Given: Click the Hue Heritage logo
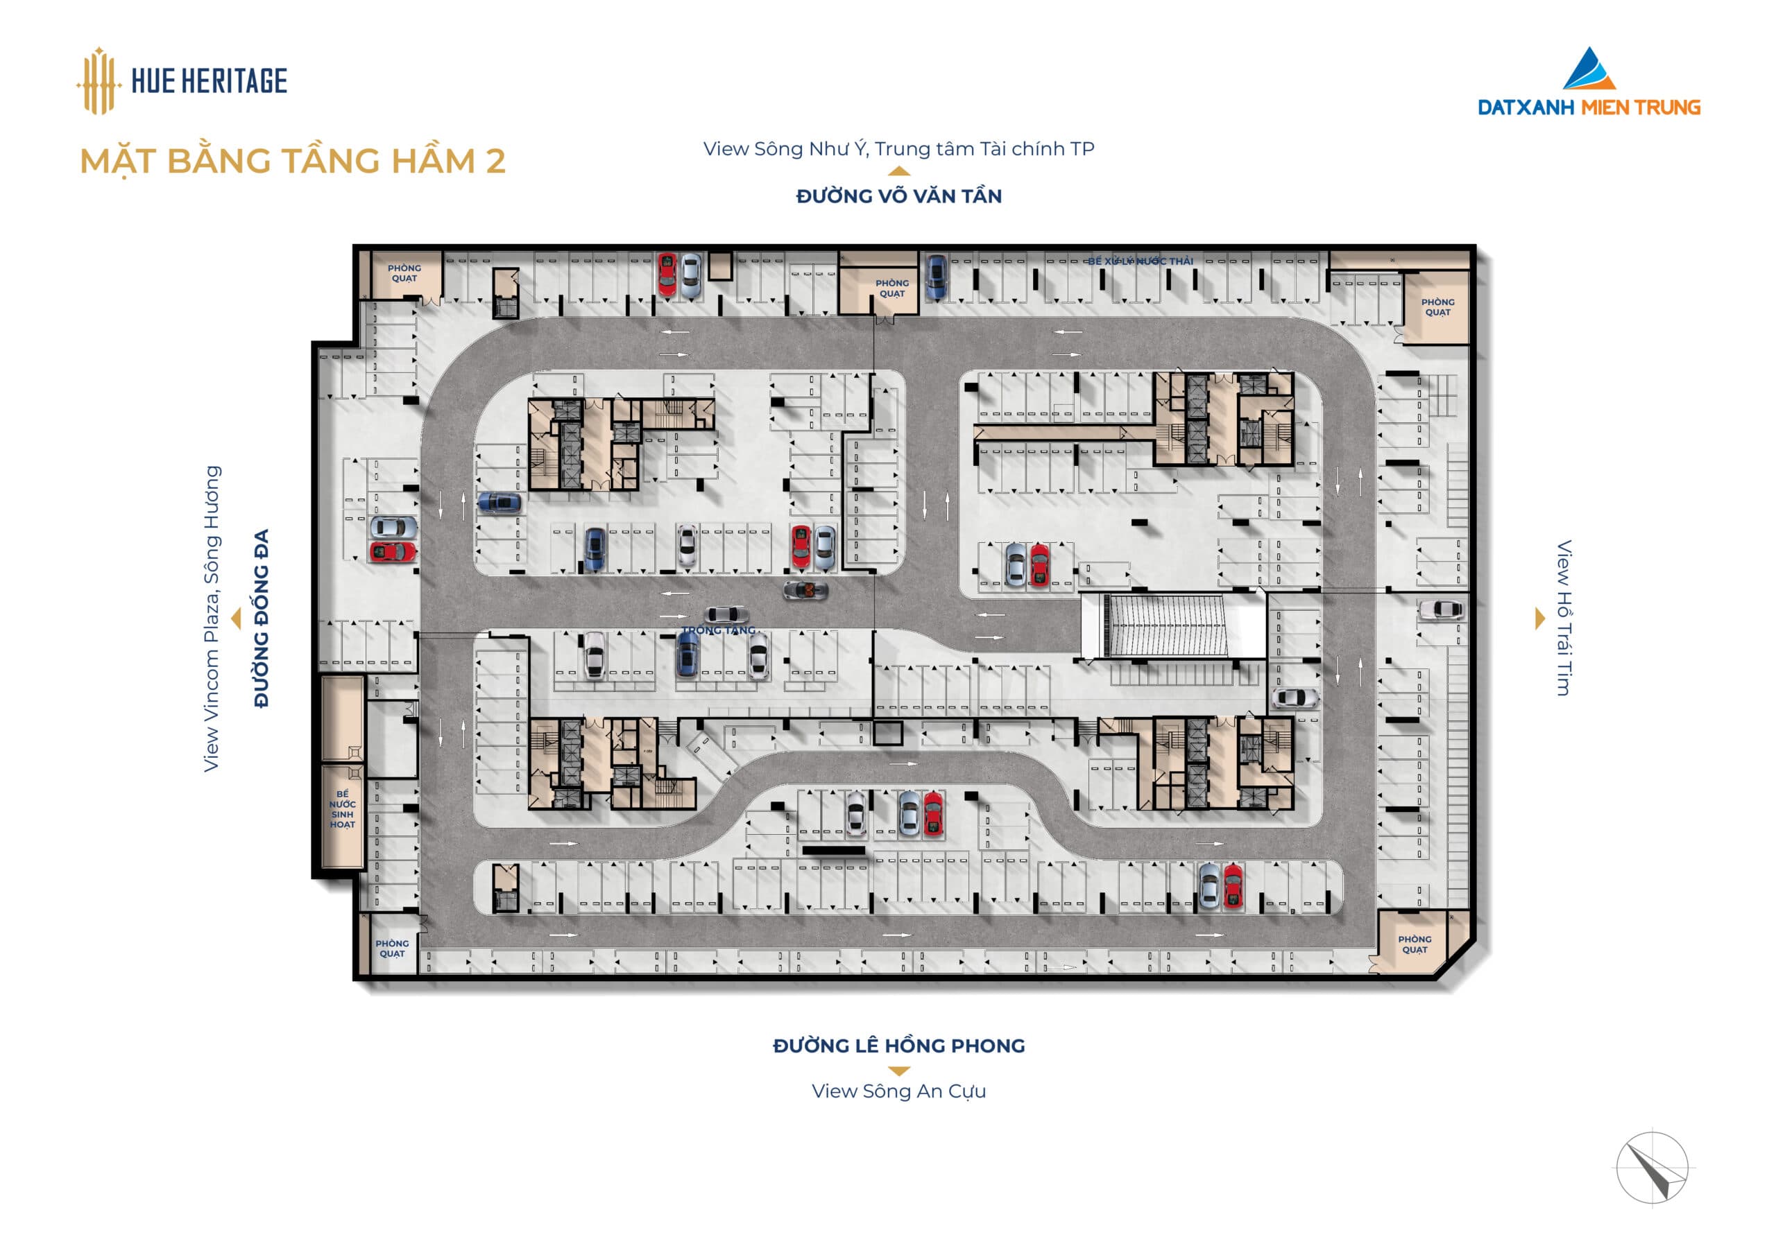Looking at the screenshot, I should coord(182,80).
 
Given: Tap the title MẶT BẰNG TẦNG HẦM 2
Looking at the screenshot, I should coord(292,162).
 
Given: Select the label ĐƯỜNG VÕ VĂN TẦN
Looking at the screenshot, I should coord(899,196).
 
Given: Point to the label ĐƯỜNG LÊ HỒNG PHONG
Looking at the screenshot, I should coord(899,1046).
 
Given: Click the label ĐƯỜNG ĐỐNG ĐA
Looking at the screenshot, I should coord(262,618).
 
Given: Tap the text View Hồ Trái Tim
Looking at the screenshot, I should coord(1563,618).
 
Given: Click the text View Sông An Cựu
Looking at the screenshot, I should coord(899,1091).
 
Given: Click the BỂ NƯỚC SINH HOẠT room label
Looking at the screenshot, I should coord(343,809).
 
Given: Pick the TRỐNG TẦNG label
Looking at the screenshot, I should coord(718,630).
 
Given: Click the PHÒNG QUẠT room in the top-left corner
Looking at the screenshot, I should coord(404,274).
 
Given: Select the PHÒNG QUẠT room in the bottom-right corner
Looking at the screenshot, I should coord(1415,944).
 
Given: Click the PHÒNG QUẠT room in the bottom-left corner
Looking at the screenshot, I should coord(392,948).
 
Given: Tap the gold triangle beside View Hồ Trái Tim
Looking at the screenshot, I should coord(1539,618).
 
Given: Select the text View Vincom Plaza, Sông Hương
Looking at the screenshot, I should coord(211,618).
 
